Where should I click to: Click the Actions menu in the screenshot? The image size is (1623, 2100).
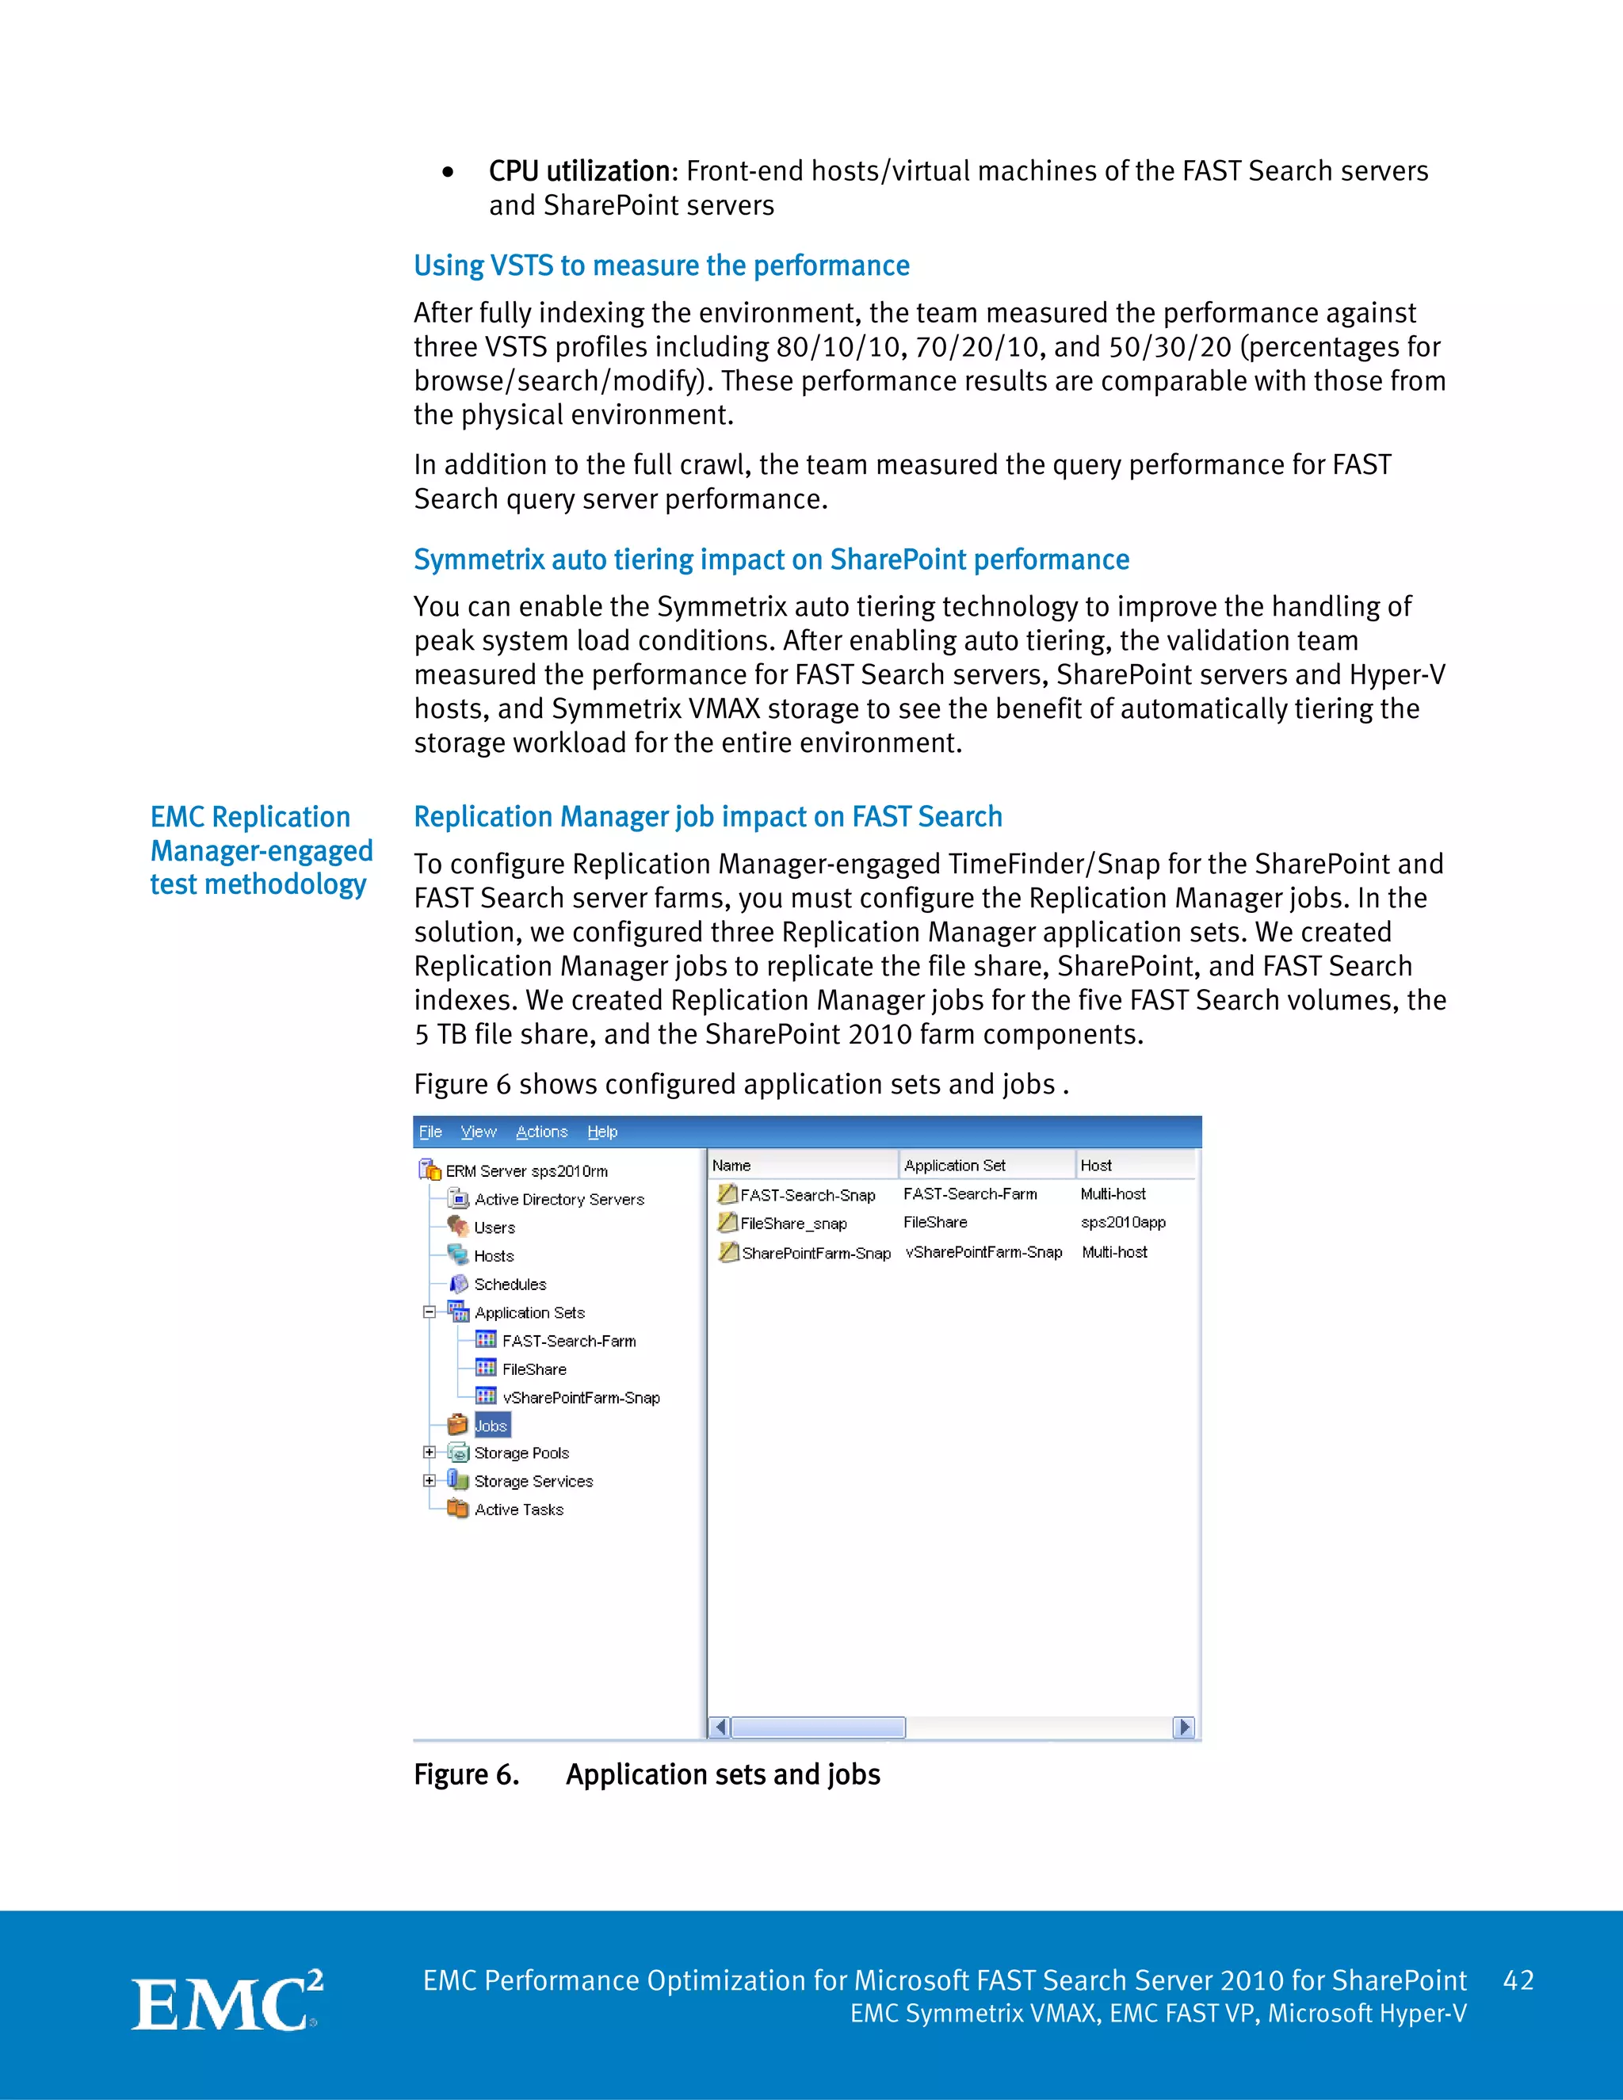(541, 1132)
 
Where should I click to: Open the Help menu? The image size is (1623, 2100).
(602, 1132)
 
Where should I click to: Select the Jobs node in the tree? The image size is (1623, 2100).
(491, 1425)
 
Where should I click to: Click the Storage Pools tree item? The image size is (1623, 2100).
(521, 1453)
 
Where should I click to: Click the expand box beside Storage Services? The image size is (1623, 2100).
(429, 1481)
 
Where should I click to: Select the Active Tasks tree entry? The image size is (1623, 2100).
(518, 1510)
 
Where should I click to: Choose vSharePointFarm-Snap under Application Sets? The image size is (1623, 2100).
(581, 1397)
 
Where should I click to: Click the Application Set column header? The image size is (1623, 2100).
(955, 1166)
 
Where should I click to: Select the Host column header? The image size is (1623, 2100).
(1095, 1166)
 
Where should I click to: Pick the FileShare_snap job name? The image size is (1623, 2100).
(793, 1223)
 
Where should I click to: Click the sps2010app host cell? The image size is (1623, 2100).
(1122, 1222)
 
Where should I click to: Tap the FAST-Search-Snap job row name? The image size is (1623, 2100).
(807, 1195)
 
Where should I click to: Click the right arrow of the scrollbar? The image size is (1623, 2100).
(1184, 1727)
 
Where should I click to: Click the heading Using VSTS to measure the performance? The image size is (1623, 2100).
(662, 265)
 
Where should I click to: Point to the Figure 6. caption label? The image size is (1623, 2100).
(466, 1774)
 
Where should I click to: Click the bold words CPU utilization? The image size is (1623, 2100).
(582, 171)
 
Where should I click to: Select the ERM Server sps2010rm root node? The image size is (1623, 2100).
(526, 1171)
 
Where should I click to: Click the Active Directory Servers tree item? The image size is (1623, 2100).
(559, 1199)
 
